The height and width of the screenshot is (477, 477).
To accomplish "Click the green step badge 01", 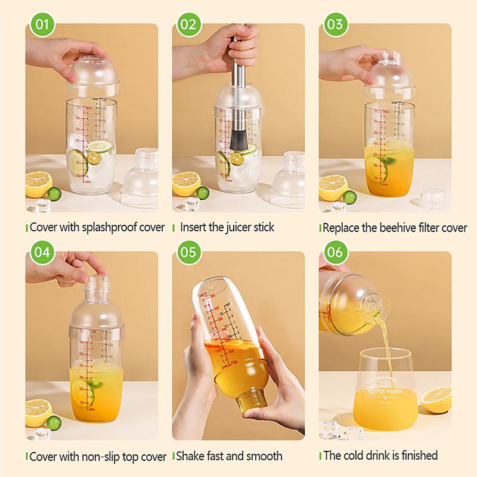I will [41, 24].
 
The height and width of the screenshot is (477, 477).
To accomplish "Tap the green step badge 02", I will [188, 24].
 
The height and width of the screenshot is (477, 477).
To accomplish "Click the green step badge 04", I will [41, 252].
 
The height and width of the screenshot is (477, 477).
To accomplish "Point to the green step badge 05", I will [188, 252].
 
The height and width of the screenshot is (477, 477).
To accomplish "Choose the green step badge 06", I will [335, 252].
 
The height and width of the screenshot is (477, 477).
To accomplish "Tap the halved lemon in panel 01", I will [39, 182].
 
